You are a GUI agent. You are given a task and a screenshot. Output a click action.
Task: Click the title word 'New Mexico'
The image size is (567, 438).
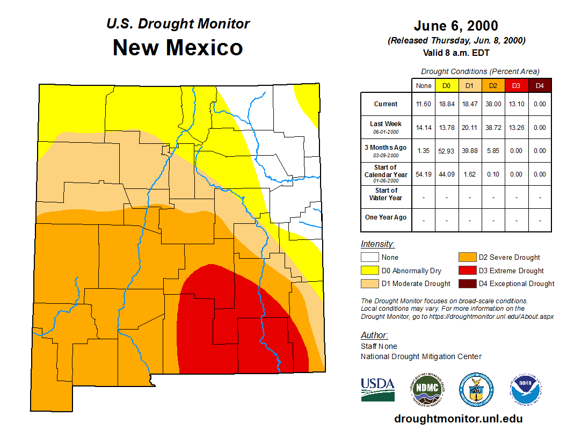[x=178, y=48]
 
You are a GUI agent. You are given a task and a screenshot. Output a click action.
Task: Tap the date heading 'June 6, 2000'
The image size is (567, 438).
[x=456, y=26]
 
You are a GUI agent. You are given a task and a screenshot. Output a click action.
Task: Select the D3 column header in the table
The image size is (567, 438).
[x=516, y=85]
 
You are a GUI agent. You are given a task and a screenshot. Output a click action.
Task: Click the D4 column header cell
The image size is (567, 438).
[x=540, y=85]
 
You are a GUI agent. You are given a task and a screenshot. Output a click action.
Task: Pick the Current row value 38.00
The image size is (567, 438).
[x=493, y=104]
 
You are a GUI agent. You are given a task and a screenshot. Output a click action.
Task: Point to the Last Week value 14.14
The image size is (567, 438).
[x=424, y=128]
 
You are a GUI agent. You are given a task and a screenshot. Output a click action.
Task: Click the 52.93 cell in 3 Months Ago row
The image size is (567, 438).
[x=446, y=151]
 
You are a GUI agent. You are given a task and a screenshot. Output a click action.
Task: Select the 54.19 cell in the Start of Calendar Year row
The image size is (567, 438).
[x=424, y=174]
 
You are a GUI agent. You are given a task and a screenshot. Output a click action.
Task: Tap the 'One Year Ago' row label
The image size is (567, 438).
[x=386, y=217]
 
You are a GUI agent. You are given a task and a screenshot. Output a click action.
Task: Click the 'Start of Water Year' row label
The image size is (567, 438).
[x=386, y=194]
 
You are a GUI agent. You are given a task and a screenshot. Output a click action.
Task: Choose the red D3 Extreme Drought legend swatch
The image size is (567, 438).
[x=466, y=271]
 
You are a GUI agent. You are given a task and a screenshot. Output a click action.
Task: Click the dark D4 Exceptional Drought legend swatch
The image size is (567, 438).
[x=466, y=283]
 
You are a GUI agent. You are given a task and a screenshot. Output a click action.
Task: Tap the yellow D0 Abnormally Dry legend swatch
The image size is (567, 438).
[x=369, y=271]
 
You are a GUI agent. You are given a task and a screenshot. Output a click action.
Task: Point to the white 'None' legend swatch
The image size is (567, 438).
[x=369, y=258]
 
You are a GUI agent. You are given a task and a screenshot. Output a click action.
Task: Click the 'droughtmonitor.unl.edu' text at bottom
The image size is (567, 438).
[x=458, y=419]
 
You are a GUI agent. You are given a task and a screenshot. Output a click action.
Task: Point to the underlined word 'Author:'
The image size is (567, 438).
[x=374, y=335]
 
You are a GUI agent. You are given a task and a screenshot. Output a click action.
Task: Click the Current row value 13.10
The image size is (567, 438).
[x=516, y=104]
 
